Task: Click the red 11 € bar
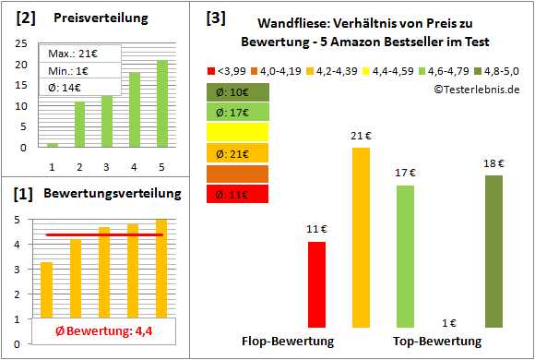tap(316, 283)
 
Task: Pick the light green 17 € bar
tap(405, 256)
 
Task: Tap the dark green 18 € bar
tap(493, 250)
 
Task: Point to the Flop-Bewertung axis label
tap(288, 341)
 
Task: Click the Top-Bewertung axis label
tap(437, 341)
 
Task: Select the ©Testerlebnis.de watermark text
tap(476, 90)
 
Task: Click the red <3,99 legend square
tap(211, 69)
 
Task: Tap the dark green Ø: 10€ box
tap(237, 92)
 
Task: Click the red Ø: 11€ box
tap(237, 194)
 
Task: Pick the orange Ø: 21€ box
tap(237, 153)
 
